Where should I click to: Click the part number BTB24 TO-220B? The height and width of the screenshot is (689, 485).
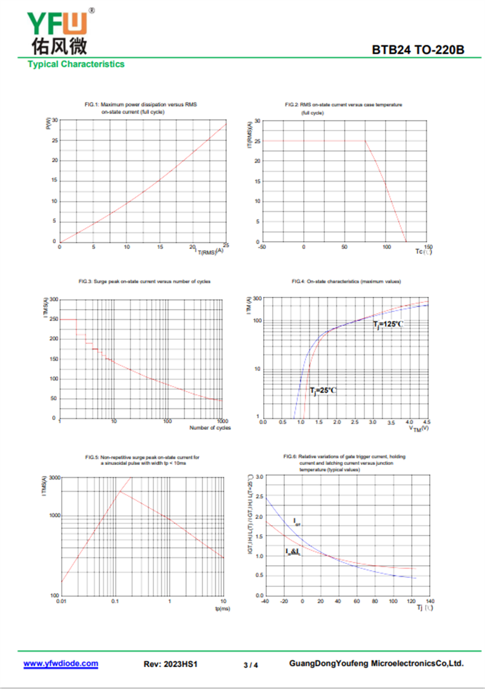click(x=418, y=50)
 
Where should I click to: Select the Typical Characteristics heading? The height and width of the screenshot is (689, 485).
click(x=76, y=64)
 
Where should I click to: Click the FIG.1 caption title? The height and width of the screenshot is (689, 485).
click(x=141, y=108)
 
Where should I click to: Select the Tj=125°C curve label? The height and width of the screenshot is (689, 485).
click(x=387, y=324)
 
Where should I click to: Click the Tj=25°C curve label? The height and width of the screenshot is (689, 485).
click(x=323, y=390)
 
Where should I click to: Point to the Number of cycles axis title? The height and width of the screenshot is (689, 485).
click(x=210, y=428)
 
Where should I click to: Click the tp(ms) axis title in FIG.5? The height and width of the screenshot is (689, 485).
click(x=222, y=608)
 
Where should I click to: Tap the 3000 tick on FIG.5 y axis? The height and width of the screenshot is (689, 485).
click(x=53, y=478)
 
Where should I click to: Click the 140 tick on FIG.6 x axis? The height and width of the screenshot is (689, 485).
click(x=430, y=601)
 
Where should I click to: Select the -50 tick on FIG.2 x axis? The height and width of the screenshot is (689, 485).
click(x=262, y=247)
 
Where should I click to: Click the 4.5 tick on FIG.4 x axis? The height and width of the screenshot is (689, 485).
click(x=426, y=422)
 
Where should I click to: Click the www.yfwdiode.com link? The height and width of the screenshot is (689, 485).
click(x=61, y=664)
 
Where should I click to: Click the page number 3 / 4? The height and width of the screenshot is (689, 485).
click(x=250, y=665)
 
